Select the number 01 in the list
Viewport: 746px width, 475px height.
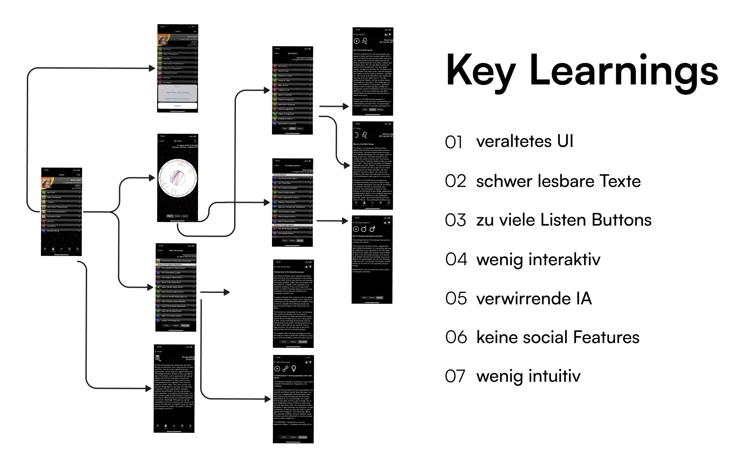pyautogui.click(x=454, y=142)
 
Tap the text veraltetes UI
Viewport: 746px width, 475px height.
pyautogui.click(x=525, y=141)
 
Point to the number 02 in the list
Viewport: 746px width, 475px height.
pyautogui.click(x=455, y=181)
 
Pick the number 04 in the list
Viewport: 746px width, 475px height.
pyautogui.click(x=456, y=259)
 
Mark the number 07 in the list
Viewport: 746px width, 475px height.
pyautogui.click(x=455, y=376)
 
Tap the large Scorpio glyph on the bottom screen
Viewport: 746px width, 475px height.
pyautogui.click(x=158, y=358)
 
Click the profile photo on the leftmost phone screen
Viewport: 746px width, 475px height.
pyautogui.click(x=48, y=183)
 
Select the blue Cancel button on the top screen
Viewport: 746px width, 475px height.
pyautogui.click(x=177, y=106)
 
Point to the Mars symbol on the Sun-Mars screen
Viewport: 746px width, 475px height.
pyautogui.click(x=372, y=229)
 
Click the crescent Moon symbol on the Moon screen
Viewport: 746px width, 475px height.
pyautogui.click(x=356, y=135)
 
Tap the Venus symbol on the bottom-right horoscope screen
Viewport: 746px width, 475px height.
pyautogui.click(x=294, y=369)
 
